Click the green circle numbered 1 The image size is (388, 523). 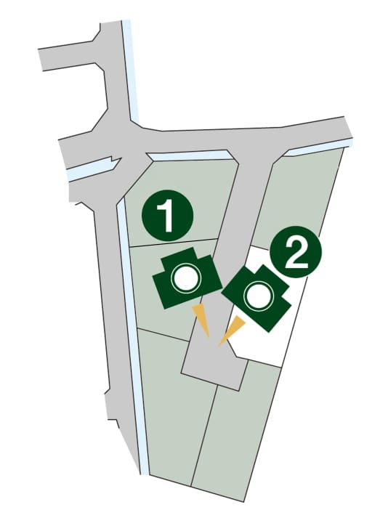[167, 216]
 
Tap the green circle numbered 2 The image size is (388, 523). [296, 252]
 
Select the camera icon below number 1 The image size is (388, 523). [187, 278]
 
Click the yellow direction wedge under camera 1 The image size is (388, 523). [201, 320]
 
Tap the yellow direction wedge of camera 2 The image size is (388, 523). [233, 331]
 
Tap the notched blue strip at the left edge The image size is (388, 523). [92, 169]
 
